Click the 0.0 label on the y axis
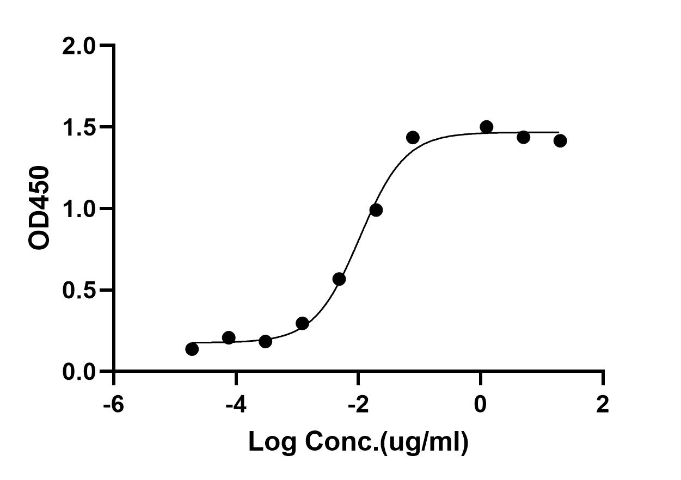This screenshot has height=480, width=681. (x=79, y=372)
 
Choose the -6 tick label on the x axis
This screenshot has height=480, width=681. (x=114, y=405)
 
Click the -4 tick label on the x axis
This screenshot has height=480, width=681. (x=236, y=405)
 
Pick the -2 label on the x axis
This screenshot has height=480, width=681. (x=358, y=405)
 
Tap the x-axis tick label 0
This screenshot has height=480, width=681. (x=481, y=405)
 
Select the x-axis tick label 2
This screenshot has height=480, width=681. (x=603, y=405)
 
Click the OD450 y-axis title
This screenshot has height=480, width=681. (x=39, y=208)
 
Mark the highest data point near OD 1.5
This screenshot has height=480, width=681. (x=487, y=127)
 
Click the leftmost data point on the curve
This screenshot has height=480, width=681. (x=192, y=349)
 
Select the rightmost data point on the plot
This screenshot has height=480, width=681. (x=560, y=141)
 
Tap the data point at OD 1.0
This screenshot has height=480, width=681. (x=376, y=210)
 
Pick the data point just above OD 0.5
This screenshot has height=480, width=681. (x=339, y=279)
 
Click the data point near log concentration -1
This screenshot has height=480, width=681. (x=413, y=138)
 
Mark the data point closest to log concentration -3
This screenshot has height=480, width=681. (x=303, y=323)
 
